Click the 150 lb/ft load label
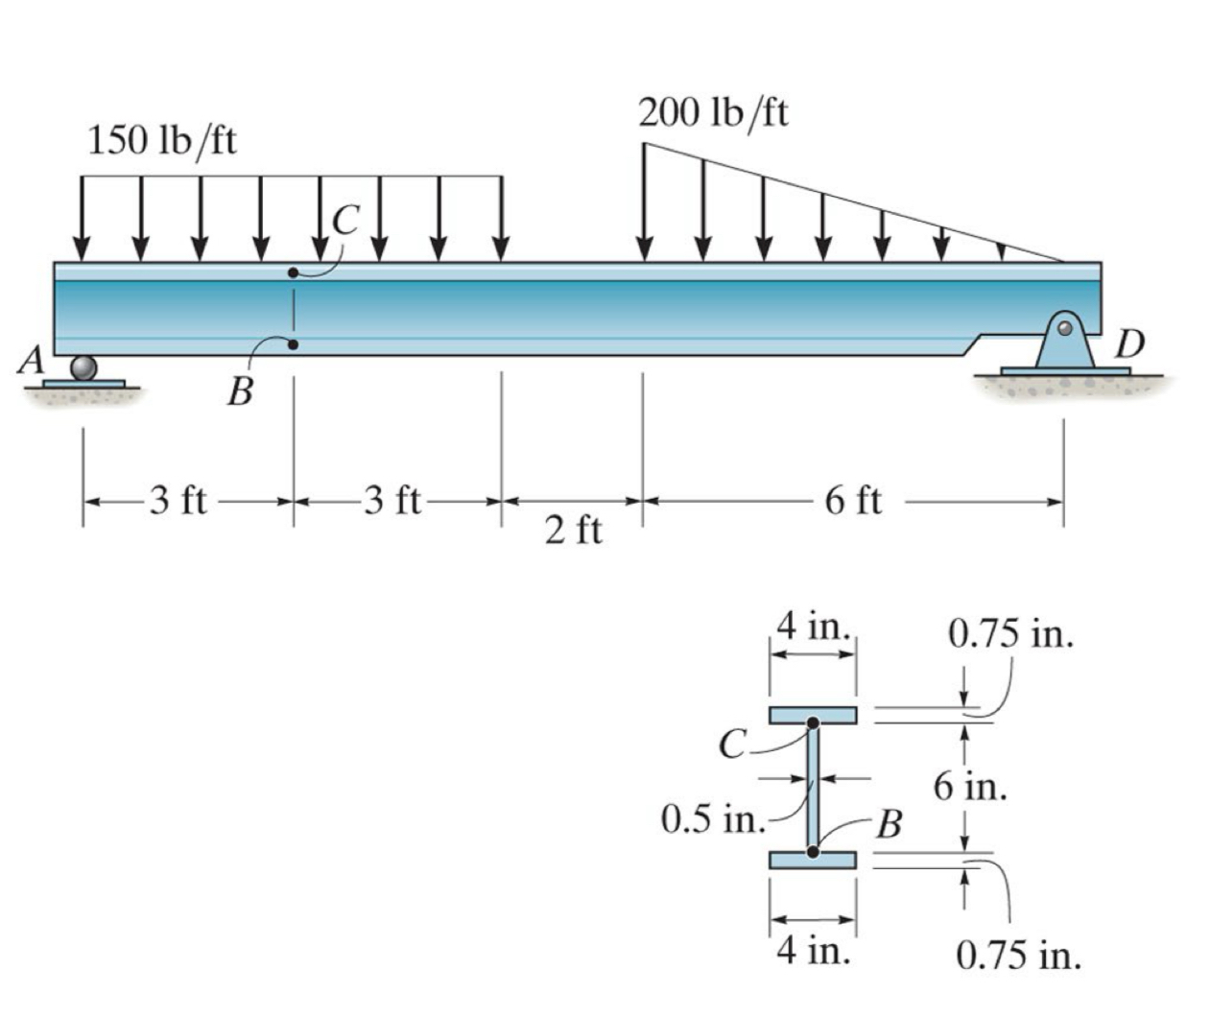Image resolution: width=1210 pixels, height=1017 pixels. click(x=162, y=141)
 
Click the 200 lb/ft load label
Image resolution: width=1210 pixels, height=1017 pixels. click(x=713, y=113)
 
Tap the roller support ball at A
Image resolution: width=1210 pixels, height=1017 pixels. click(x=83, y=368)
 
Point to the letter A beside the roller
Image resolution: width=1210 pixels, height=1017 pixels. click(x=32, y=361)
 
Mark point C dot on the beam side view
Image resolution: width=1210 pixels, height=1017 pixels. click(x=293, y=273)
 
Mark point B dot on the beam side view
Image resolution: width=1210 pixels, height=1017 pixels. click(x=293, y=344)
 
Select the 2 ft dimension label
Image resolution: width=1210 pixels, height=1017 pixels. click(x=573, y=529)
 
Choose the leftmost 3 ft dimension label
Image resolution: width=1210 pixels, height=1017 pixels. click(x=178, y=500)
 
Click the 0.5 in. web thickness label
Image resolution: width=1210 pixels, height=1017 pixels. click(x=712, y=819)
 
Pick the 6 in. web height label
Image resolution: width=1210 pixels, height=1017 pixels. click(x=970, y=787)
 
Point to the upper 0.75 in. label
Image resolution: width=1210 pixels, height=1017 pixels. click(x=1009, y=634)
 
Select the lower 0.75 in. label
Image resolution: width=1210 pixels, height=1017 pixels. click(x=1018, y=955)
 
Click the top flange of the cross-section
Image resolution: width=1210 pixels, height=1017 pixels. click(x=812, y=715)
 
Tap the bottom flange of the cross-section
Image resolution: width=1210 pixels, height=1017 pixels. click(x=812, y=860)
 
